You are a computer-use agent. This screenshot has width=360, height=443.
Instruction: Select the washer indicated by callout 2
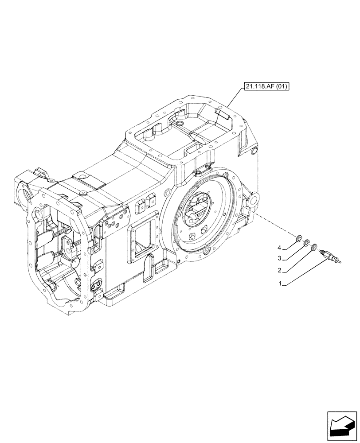314,247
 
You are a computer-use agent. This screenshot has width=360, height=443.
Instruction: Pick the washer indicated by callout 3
306,242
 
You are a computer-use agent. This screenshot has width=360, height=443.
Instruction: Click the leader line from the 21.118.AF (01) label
235,97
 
